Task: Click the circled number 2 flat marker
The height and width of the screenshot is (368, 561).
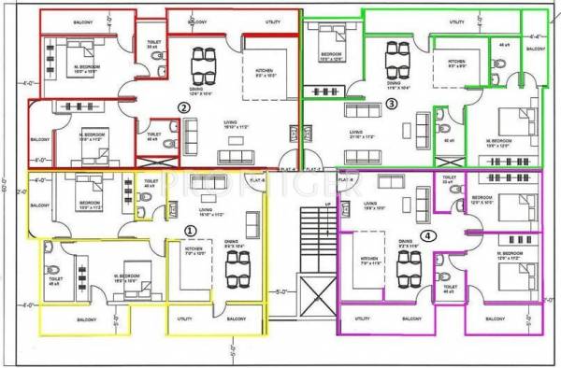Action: pos(184,107)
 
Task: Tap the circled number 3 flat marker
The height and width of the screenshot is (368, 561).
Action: pos(392,104)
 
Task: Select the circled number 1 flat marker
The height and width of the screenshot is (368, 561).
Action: pos(191,228)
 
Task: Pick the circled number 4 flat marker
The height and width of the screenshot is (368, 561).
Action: pos(427,236)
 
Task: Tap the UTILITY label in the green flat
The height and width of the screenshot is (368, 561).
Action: pos(456,21)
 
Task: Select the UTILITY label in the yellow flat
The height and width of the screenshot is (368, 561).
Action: pos(181,320)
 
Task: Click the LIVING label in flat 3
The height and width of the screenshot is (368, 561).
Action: pos(355,133)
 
